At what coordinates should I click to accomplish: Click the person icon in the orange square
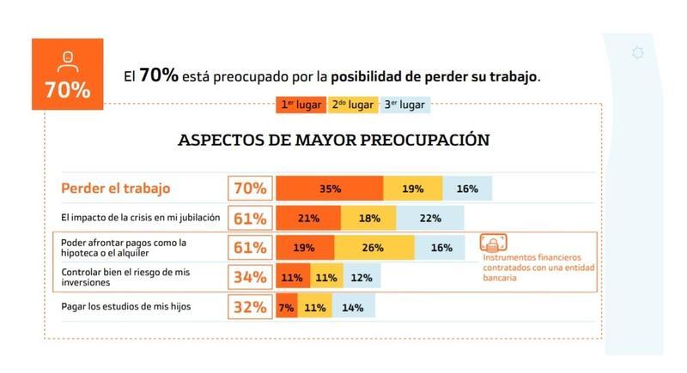[x=67, y=60]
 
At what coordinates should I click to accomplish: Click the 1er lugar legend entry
[x=301, y=105]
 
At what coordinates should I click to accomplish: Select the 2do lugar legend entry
[x=351, y=105]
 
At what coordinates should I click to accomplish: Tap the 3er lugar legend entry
[x=404, y=105]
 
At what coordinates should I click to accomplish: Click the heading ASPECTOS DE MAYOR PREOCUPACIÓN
[x=333, y=140]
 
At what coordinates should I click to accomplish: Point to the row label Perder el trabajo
[x=116, y=189]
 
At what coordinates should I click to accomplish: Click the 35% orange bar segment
[x=330, y=189]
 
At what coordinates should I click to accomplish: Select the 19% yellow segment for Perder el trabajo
[x=413, y=189]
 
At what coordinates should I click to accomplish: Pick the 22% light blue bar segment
[x=430, y=218]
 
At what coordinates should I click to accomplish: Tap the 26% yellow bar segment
[x=373, y=248]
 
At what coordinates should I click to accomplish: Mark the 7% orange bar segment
[x=286, y=307]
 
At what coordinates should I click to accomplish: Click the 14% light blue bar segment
[x=353, y=307]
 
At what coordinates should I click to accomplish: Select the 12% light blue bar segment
[x=361, y=278]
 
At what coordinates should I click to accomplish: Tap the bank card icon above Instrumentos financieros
[x=493, y=243]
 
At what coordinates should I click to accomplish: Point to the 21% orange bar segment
[x=308, y=218]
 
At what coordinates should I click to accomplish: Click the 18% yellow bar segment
[x=368, y=218]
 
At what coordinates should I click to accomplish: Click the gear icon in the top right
[x=637, y=53]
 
